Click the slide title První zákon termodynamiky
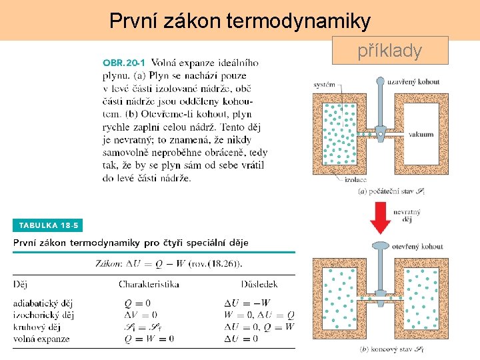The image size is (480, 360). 240,21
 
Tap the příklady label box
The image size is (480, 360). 390,50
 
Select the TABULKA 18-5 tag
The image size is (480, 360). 48,225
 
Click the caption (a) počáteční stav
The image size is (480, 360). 391,191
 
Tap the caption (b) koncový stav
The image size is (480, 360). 391,349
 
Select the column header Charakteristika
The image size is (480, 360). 149,285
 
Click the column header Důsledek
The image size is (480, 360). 241,285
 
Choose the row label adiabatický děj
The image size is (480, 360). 43,303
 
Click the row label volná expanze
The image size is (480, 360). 41,339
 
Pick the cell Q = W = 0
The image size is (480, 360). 149,339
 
